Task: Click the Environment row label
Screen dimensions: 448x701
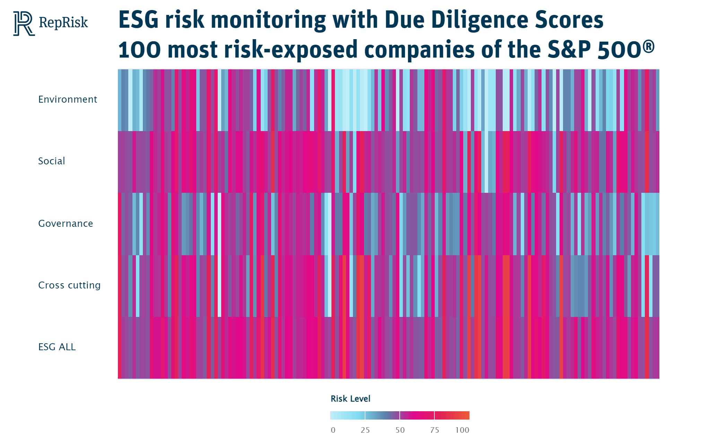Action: coord(68,100)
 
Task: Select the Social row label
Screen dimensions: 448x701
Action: coord(52,161)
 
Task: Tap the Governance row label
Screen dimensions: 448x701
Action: coord(66,223)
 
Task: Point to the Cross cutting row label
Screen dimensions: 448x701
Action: coord(69,285)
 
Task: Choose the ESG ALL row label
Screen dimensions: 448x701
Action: coord(57,347)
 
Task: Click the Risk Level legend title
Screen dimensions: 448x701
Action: coord(350,399)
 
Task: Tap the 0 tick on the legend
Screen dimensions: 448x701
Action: coord(333,430)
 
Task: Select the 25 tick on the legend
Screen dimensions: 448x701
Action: coord(365,430)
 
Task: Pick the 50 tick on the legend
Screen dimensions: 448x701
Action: coord(400,430)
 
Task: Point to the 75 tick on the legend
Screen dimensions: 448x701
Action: coord(434,430)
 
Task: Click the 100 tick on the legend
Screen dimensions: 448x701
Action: coord(462,430)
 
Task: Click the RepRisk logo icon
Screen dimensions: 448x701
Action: coord(24,23)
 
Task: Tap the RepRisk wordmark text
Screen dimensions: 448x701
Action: coord(63,22)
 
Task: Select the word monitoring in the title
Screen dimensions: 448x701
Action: coord(268,20)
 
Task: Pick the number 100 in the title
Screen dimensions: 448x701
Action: coord(139,50)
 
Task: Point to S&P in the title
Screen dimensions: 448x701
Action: coord(569,50)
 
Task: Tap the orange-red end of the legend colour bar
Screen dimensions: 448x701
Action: coord(466,415)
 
